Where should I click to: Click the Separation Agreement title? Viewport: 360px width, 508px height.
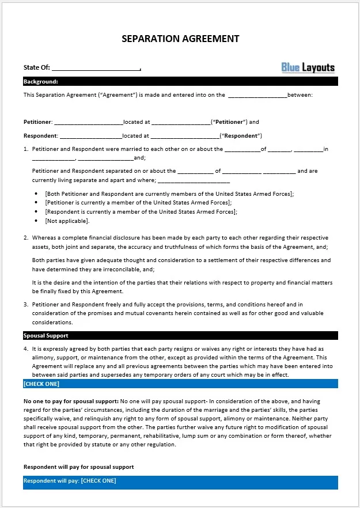[x=180, y=39]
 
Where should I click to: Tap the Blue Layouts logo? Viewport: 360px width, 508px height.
[x=308, y=67]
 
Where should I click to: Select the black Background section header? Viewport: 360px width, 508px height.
[x=180, y=82]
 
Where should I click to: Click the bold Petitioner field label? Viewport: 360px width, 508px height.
[x=37, y=122]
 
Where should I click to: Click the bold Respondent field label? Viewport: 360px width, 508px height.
[x=40, y=136]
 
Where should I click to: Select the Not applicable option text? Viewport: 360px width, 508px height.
[x=67, y=221]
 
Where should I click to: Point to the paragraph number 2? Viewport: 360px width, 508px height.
[x=26, y=238]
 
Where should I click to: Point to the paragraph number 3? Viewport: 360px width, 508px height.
[x=26, y=304]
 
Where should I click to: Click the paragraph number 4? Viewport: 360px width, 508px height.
[x=26, y=349]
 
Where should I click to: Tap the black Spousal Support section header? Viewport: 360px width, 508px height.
[x=180, y=335]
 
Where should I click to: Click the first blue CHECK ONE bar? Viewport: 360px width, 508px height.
[x=180, y=384]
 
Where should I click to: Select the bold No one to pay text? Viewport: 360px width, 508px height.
[x=70, y=401]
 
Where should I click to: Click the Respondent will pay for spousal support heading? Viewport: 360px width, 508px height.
[x=78, y=467]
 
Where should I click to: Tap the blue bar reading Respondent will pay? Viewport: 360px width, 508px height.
[x=180, y=482]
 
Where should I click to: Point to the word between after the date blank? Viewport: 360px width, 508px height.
[x=300, y=95]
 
